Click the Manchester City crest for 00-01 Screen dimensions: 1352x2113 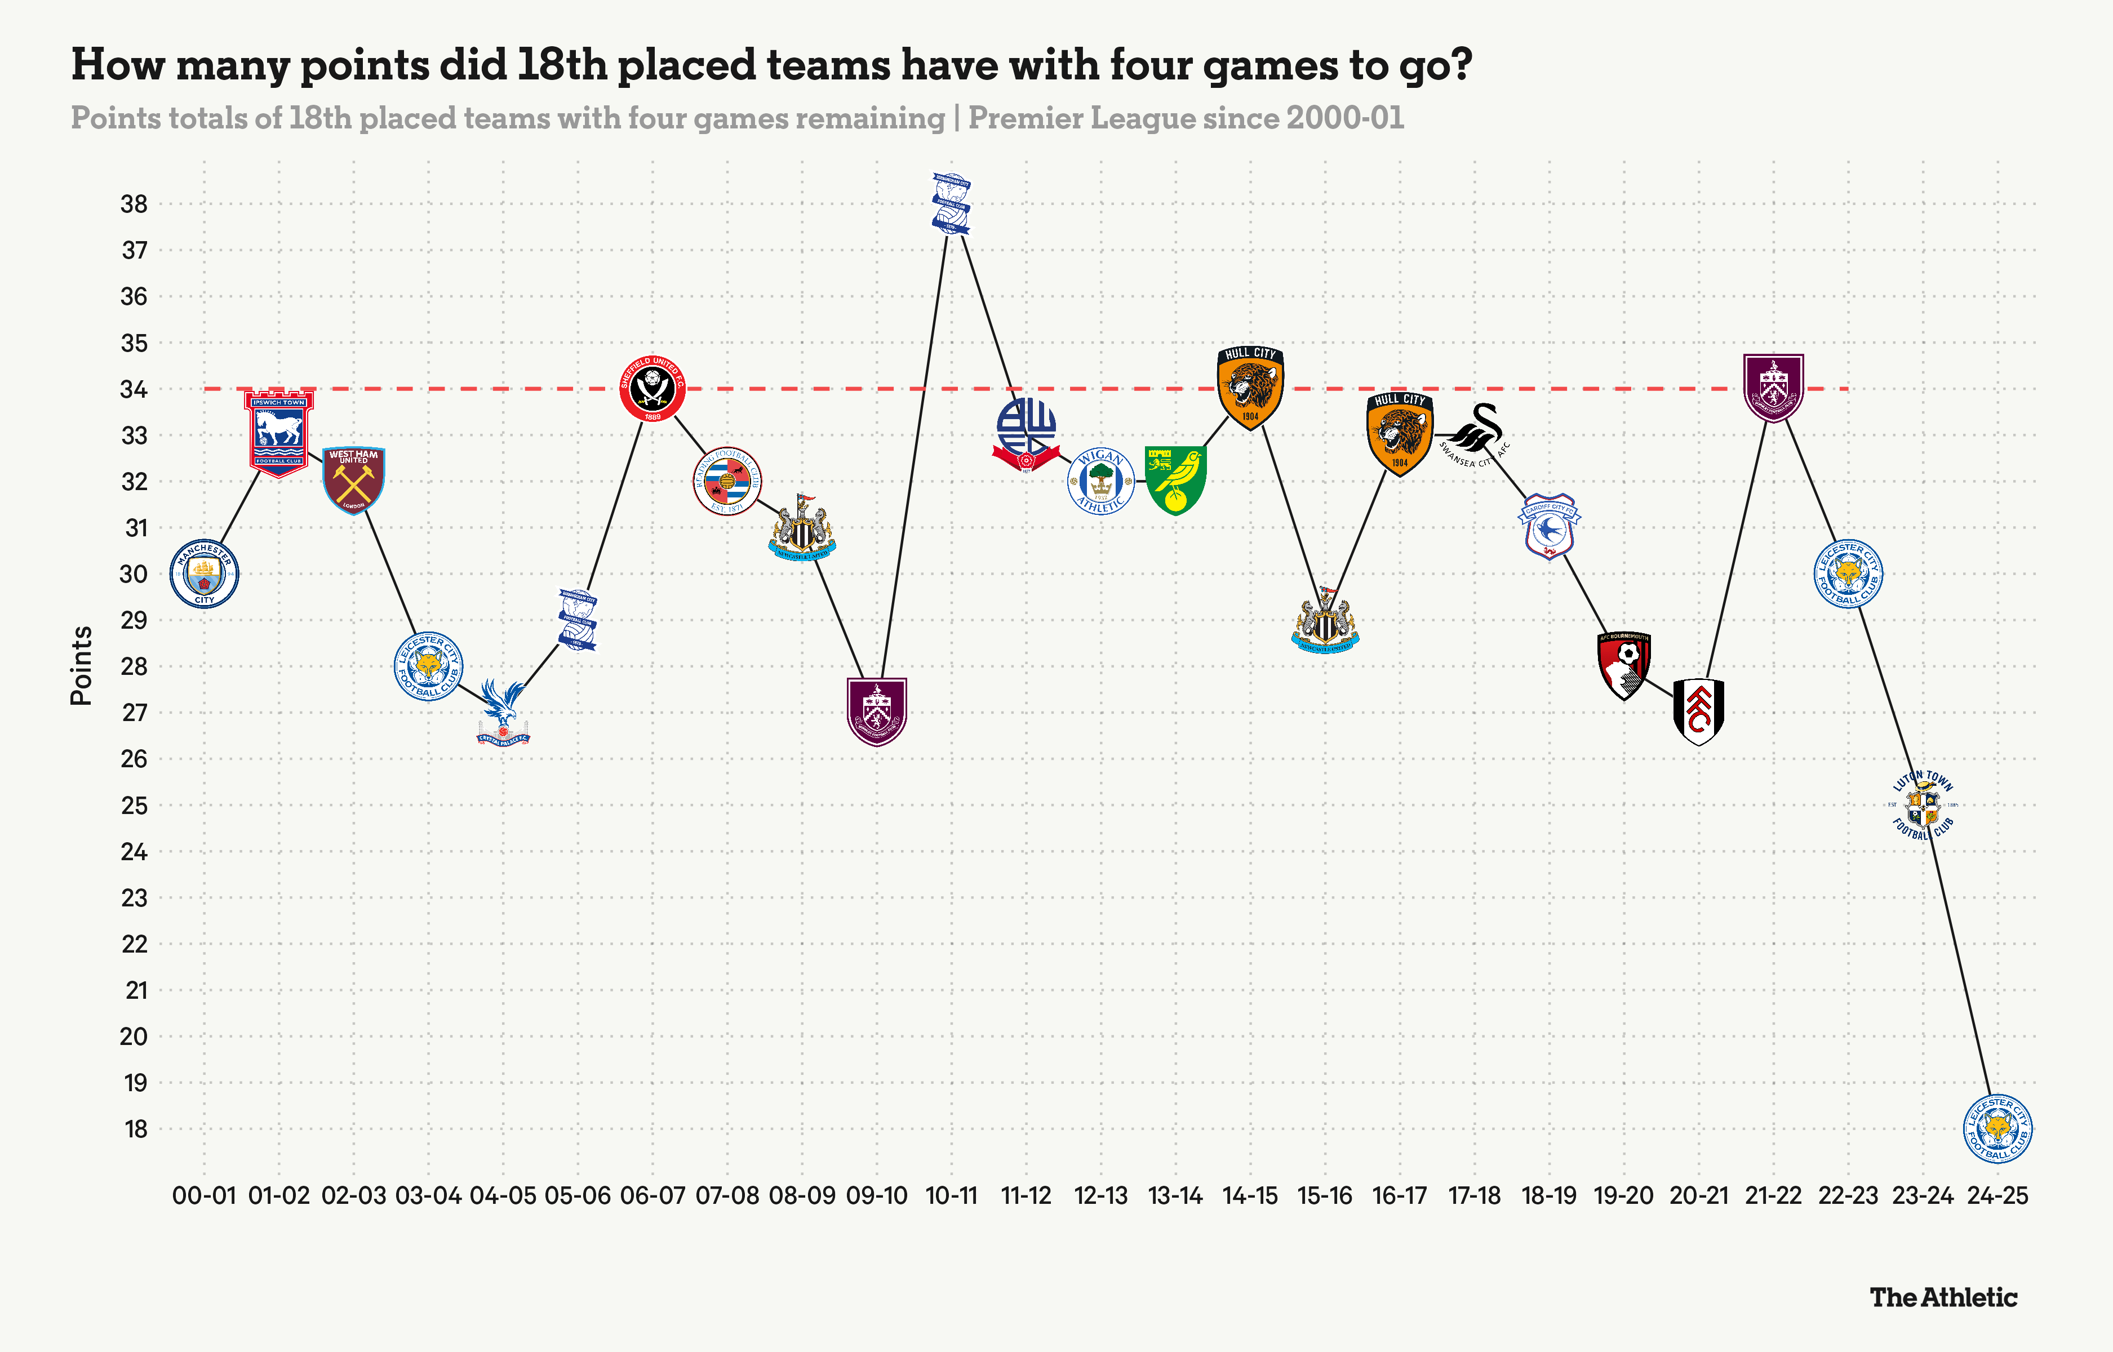[205, 573]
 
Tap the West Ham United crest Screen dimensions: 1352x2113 [354, 480]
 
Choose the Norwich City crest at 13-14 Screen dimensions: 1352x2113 [1175, 480]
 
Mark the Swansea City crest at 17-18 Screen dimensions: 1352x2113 [1475, 434]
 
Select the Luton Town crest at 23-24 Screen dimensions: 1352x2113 [1923, 805]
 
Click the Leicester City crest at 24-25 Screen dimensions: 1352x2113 [1997, 1128]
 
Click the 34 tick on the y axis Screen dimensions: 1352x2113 [134, 389]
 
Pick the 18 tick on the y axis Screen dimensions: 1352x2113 [135, 1129]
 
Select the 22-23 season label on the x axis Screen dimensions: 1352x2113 [1848, 1196]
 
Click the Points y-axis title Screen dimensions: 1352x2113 [82, 665]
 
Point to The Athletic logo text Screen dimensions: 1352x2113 [1943, 1297]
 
